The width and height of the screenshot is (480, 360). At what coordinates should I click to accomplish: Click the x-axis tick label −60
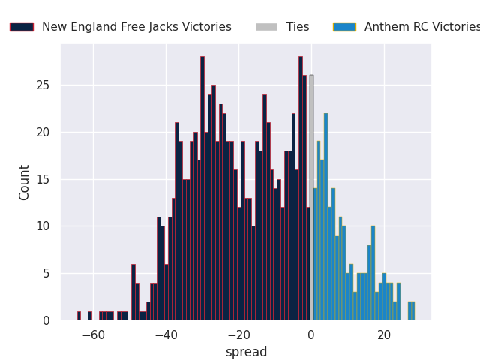[x=93, y=335]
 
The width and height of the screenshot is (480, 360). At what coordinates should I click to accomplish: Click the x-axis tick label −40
[x=166, y=335]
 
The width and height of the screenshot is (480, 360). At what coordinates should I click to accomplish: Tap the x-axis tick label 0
[x=311, y=335]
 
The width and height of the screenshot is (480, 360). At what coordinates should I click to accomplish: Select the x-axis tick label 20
[x=384, y=335]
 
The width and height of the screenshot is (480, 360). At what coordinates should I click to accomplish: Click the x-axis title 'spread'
[x=246, y=352]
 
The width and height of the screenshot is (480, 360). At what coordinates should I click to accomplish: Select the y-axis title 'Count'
[x=25, y=182]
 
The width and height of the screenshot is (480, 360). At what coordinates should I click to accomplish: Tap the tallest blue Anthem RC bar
[x=325, y=217]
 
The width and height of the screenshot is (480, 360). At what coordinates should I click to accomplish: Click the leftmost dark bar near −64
[x=79, y=316]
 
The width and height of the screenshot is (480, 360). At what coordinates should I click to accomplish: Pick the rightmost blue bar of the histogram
[x=412, y=310]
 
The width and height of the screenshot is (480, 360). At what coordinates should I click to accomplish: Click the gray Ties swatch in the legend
[x=266, y=27]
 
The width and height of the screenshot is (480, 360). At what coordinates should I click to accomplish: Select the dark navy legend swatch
[x=21, y=27]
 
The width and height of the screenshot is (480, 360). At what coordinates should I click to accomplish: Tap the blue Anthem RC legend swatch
[x=344, y=27]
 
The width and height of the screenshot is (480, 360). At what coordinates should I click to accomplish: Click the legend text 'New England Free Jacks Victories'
[x=136, y=27]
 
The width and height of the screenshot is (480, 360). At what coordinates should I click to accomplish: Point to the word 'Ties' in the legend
[x=298, y=27]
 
